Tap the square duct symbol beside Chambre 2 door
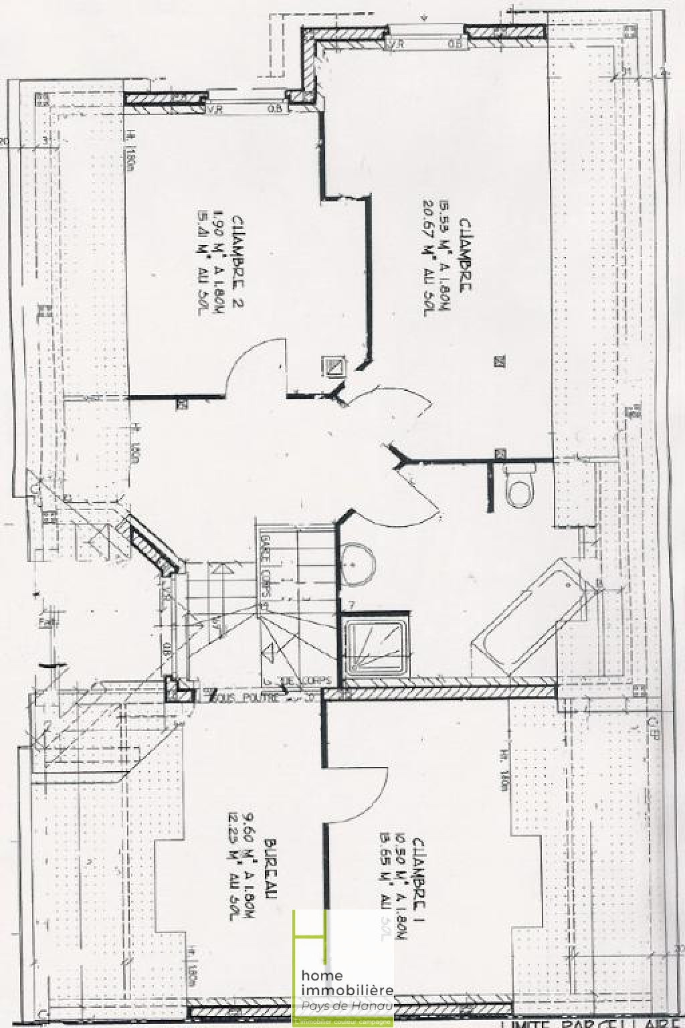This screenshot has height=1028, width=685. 332,365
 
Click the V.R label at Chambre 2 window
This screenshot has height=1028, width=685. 215,109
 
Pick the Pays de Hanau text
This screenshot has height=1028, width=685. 348,1007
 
